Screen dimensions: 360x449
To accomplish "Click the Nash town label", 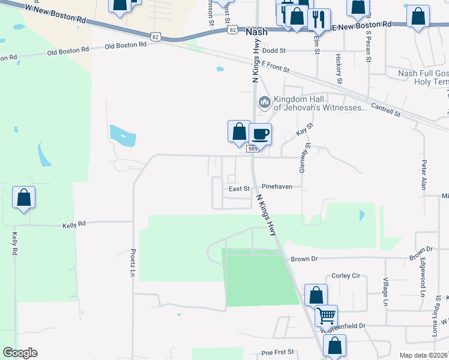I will (256, 32).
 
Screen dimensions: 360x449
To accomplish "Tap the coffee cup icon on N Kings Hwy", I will (261, 133).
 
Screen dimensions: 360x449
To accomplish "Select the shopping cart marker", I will (326, 314).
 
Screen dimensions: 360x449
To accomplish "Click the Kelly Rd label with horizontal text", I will (74, 224).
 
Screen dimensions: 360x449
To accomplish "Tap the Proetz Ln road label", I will (133, 263).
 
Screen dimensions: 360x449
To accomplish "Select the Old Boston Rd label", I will (125, 45).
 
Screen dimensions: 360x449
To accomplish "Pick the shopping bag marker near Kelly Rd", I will (23, 197).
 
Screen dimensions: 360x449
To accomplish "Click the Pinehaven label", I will (277, 187).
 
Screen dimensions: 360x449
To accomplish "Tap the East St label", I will (239, 188).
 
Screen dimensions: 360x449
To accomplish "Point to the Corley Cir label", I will (345, 275).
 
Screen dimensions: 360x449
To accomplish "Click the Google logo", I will (20, 353).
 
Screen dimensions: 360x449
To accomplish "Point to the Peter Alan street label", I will (424, 175).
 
